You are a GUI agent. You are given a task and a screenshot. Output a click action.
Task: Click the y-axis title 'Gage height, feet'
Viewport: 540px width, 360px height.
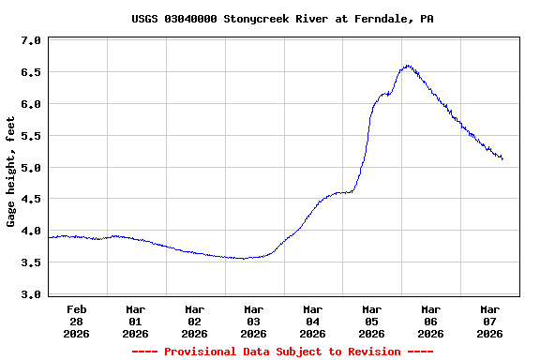(11, 172)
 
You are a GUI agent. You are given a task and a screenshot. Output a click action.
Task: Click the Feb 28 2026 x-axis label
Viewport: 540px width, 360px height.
(77, 321)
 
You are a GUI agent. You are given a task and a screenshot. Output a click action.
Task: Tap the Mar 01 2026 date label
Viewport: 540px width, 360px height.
(136, 321)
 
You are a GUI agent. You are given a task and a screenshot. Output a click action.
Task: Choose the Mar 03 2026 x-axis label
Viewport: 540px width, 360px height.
(254, 321)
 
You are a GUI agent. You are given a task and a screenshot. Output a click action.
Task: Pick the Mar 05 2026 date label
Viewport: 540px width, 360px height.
(372, 321)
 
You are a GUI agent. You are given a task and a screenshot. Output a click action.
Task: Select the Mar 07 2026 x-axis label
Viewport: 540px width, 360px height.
(490, 321)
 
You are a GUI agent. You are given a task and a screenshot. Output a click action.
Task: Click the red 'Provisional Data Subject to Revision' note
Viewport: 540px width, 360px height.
(282, 352)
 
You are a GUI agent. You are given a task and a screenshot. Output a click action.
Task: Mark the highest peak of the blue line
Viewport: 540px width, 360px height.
(407, 66)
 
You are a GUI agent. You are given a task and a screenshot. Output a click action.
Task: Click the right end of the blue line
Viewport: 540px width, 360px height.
(502, 158)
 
